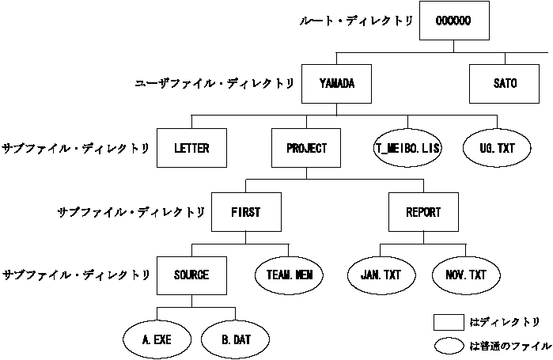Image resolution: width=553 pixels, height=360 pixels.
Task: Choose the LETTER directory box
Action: click(x=191, y=148)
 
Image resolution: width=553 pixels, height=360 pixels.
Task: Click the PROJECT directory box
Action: click(x=305, y=148)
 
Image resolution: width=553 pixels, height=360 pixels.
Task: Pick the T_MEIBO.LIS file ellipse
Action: click(x=408, y=148)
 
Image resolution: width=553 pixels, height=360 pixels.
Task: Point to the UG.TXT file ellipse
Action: click(x=497, y=148)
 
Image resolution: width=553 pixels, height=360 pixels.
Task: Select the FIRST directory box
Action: click(x=245, y=212)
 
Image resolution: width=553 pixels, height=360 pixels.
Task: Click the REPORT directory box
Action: click(x=423, y=212)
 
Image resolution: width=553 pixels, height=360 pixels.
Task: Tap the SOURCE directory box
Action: click(x=191, y=275)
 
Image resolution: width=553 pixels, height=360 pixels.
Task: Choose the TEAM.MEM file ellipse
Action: click(x=290, y=275)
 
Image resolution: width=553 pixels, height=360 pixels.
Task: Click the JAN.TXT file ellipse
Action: click(x=381, y=275)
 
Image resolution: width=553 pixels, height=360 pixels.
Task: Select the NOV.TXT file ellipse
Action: click(x=467, y=275)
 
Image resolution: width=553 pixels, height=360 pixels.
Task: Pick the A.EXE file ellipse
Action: click(x=157, y=340)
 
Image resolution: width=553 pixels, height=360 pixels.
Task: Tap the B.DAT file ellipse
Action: click(x=236, y=340)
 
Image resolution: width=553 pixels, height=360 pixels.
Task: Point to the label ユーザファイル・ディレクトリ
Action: click(x=216, y=83)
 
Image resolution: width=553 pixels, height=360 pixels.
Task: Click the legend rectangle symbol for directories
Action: click(x=449, y=322)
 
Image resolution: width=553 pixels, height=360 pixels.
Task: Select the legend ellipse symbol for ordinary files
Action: click(x=449, y=345)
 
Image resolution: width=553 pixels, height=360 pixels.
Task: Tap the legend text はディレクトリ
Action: click(x=505, y=322)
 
